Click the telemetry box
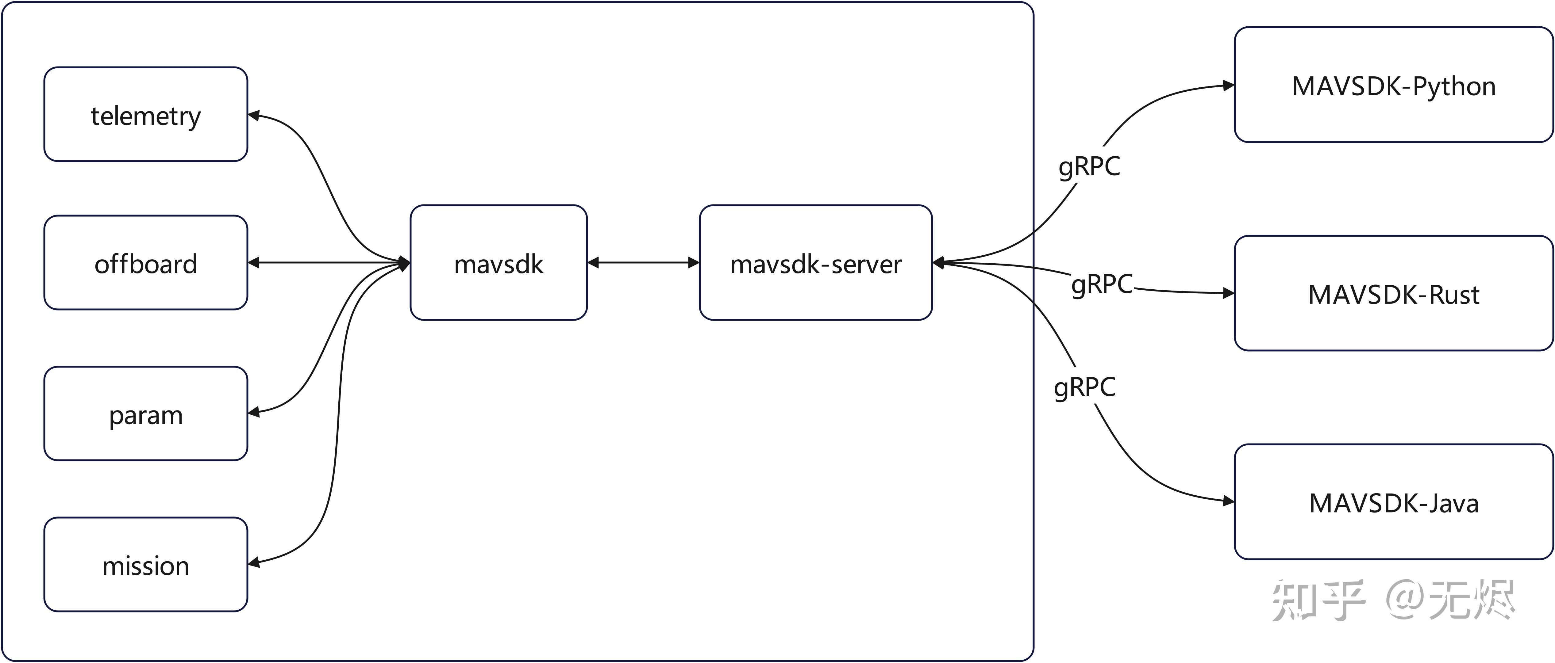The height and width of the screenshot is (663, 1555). (145, 115)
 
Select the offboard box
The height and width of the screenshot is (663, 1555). (145, 263)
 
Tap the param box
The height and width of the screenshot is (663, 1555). (145, 414)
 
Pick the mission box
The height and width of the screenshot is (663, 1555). (145, 565)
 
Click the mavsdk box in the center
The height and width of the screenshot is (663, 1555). (498, 263)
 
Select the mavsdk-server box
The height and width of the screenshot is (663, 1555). (815, 263)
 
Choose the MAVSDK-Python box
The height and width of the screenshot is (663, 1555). (1393, 85)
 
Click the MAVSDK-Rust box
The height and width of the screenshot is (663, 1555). (1393, 294)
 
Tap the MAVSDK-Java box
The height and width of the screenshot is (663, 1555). (1393, 502)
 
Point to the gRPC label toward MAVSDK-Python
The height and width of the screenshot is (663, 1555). (1089, 165)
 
